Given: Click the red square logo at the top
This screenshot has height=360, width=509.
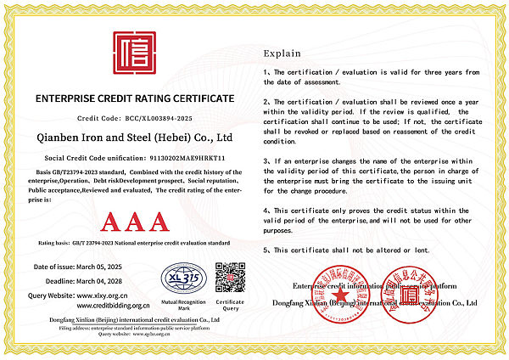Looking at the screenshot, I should coord(134,53).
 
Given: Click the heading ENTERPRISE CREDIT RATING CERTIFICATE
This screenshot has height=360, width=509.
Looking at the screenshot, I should coord(134,99).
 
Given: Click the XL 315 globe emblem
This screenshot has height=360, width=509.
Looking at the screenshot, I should coord(183,278).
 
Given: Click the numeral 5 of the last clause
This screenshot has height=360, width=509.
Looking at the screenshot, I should coord(266,250).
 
